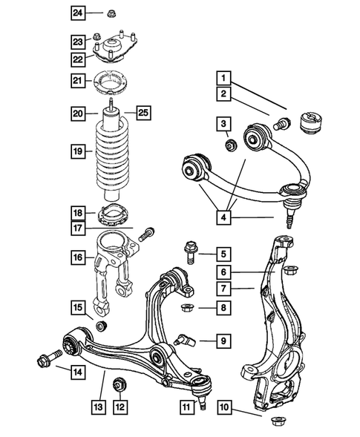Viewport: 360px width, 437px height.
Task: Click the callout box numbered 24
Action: point(79,13)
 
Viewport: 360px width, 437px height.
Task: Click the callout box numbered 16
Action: point(79,259)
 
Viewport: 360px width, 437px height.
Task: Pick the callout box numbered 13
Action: point(99,407)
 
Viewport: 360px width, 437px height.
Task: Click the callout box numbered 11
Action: point(186,406)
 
